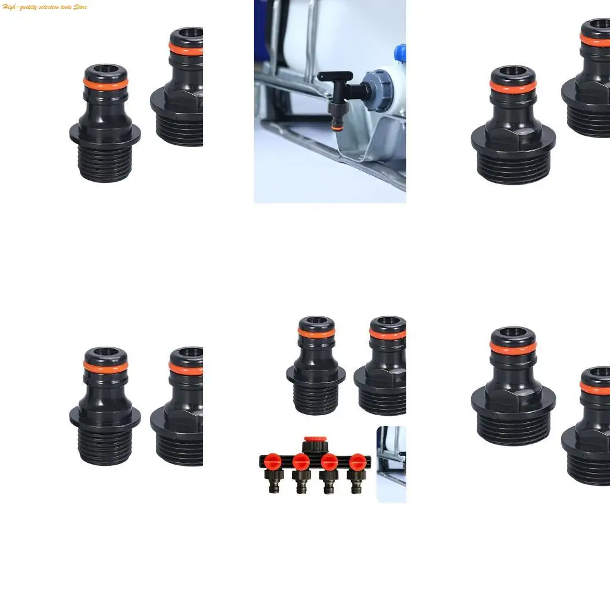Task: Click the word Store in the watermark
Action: pyautogui.click(x=80, y=7)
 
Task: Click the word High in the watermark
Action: pyautogui.click(x=9, y=7)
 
